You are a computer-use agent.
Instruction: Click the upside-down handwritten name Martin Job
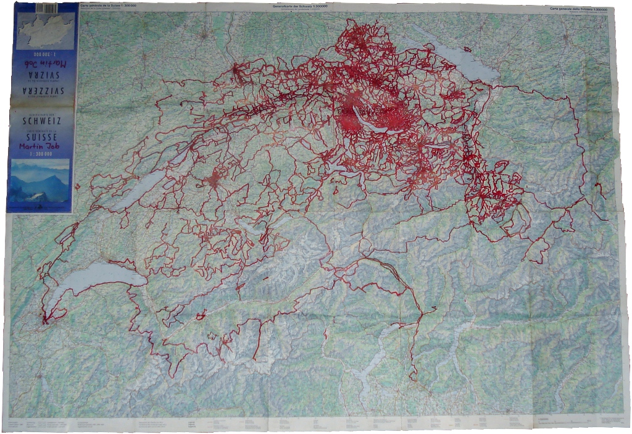pos(43,63)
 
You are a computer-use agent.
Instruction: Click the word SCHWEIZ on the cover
pos(42,120)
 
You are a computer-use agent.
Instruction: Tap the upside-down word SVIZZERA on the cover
pos(42,94)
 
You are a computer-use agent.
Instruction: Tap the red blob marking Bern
pos(214,180)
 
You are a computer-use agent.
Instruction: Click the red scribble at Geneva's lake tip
pos(45,319)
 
